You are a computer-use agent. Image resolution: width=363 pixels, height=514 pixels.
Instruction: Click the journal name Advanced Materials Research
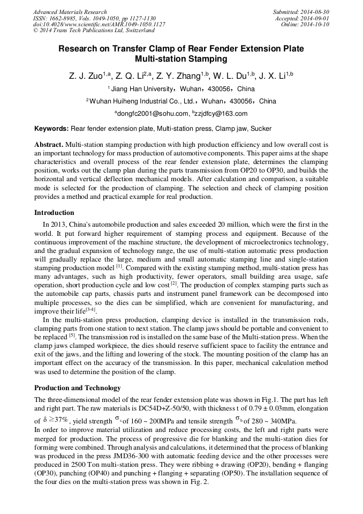tap(70, 12)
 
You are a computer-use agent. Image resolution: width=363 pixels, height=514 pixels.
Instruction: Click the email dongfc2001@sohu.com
tap(153, 114)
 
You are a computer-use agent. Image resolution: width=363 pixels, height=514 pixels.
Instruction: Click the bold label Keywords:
tap(51, 129)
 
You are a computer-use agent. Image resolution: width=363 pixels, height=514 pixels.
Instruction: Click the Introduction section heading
tap(54, 213)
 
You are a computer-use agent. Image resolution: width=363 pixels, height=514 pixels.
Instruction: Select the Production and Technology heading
tap(77, 388)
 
